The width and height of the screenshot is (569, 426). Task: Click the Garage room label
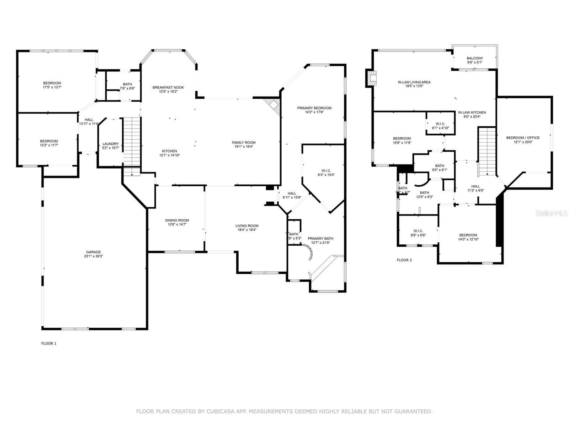[93, 252]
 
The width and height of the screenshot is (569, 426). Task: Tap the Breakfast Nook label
[168, 87]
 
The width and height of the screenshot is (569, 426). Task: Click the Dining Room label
[177, 220]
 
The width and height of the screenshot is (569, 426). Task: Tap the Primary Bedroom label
[314, 108]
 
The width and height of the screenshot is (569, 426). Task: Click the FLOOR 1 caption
[49, 343]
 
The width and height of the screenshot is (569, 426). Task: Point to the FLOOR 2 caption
[404, 260]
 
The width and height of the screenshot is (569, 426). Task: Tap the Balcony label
[475, 58]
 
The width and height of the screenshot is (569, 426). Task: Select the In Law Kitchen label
[472, 113]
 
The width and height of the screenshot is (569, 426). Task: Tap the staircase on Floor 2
[486, 151]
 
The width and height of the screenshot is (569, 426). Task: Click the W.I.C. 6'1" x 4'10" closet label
[440, 124]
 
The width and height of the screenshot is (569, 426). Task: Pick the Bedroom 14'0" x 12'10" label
[468, 235]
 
